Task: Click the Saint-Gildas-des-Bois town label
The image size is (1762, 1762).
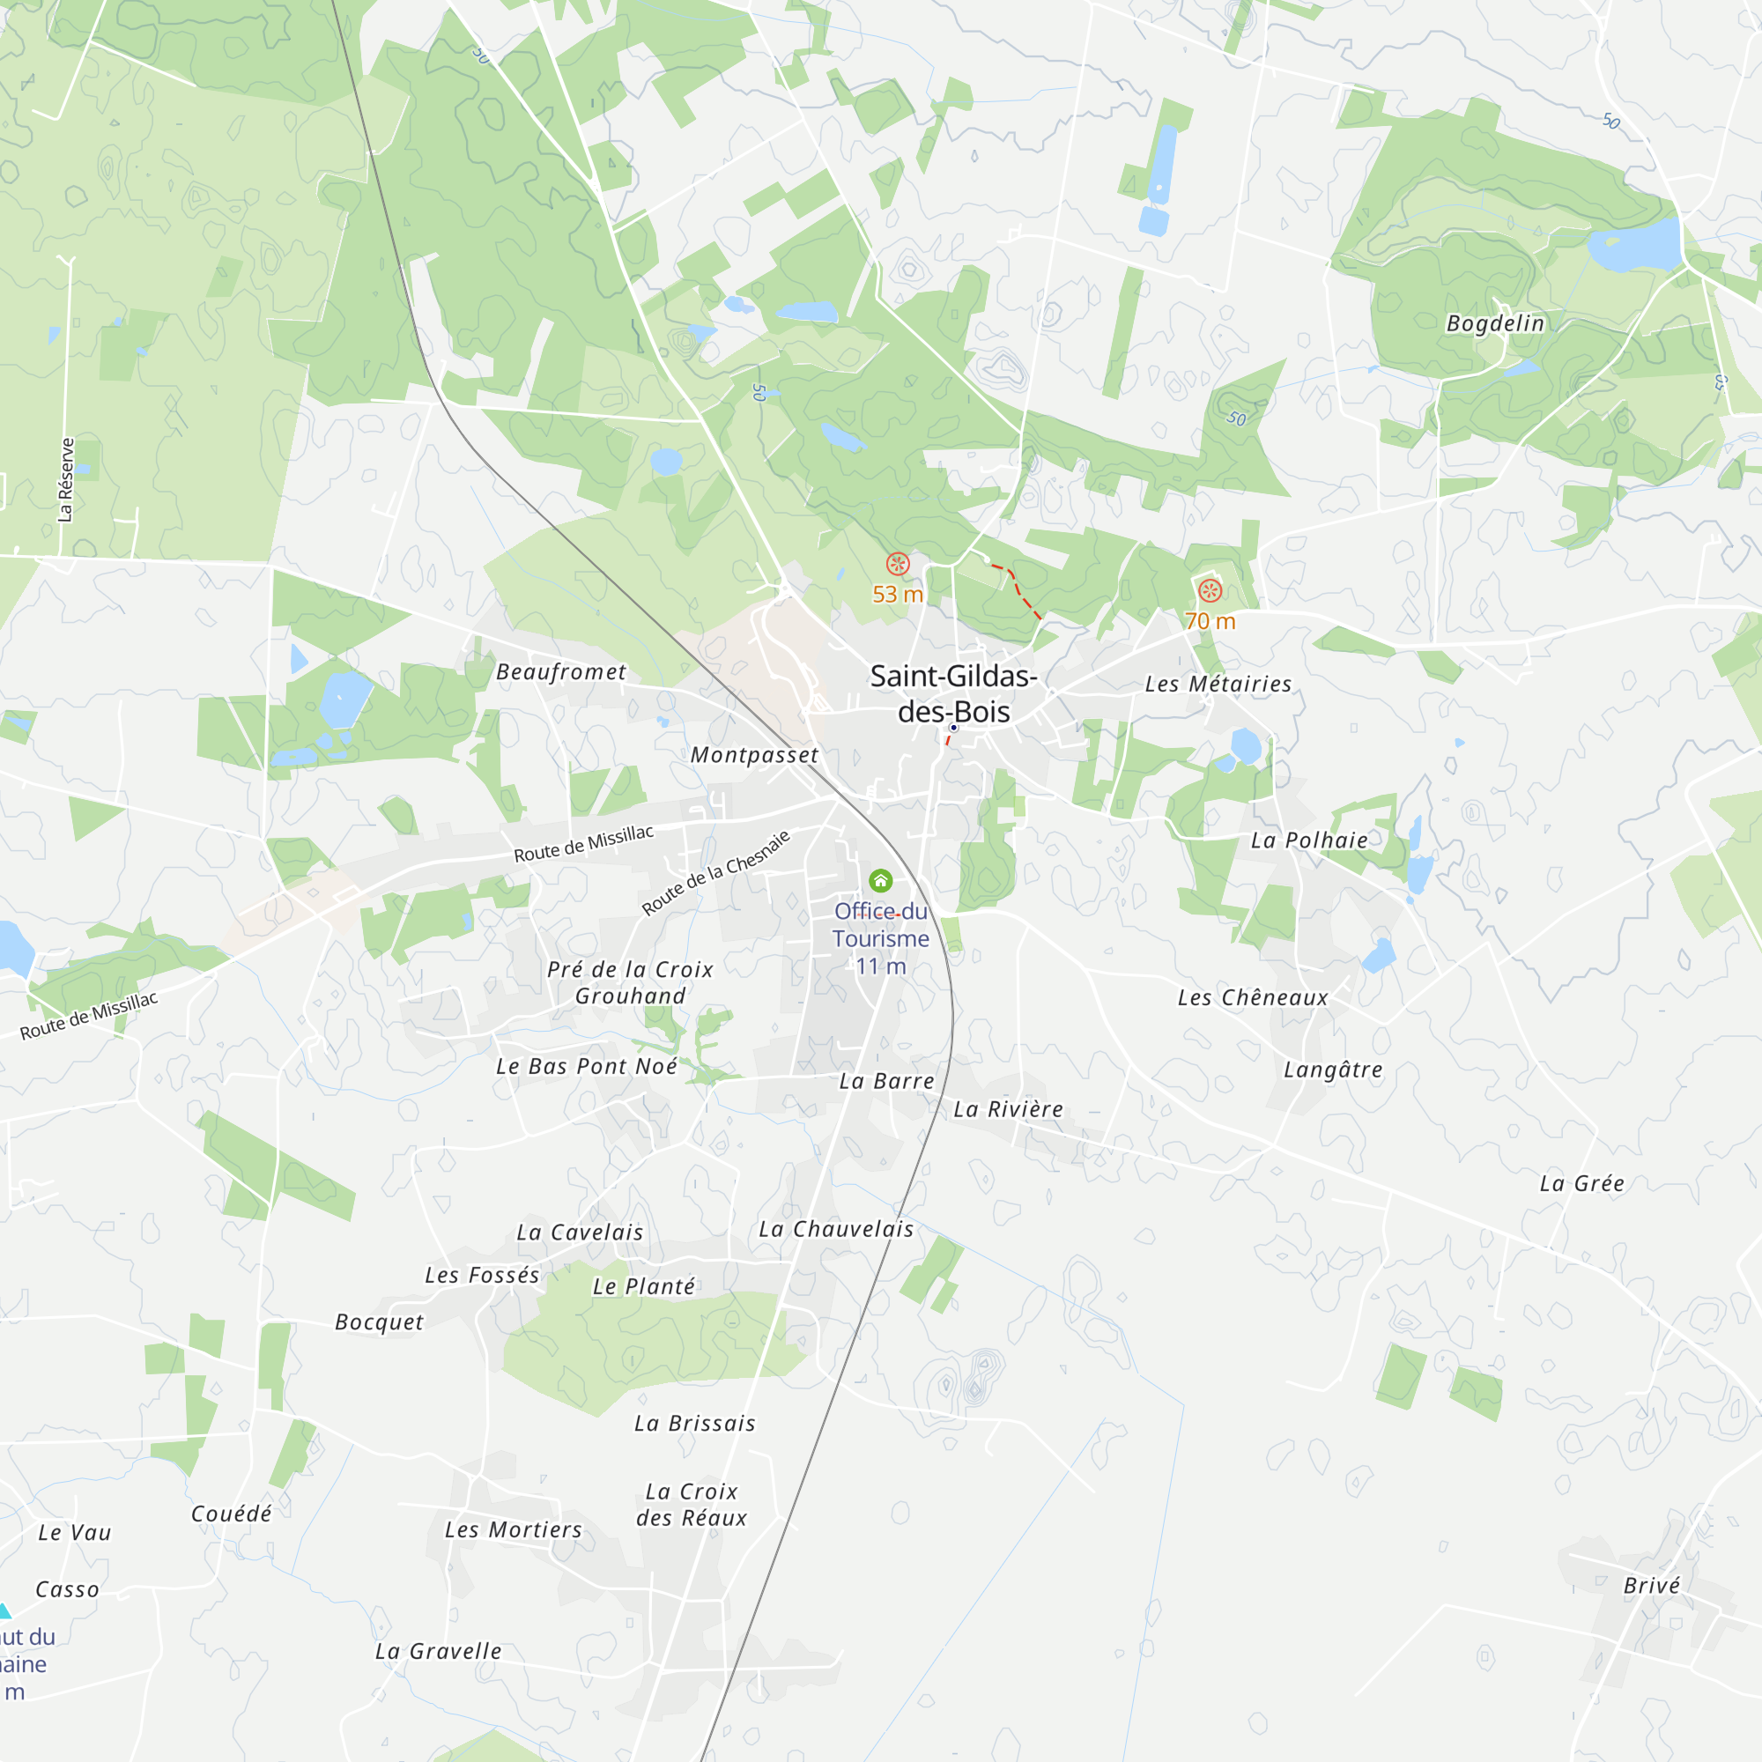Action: [953, 693]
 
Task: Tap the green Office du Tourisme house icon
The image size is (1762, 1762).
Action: [880, 880]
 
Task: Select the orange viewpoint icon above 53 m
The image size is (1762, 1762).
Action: [898, 564]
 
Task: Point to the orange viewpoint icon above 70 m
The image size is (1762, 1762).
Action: [1210, 590]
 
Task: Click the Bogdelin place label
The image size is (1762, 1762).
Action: [1495, 322]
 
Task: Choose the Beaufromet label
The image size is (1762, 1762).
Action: [561, 672]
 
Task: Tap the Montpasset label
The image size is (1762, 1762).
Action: [754, 754]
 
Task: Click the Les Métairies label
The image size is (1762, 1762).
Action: [1218, 683]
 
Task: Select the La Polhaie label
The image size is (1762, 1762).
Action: [1309, 840]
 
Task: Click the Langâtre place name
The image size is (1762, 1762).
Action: [1332, 1070]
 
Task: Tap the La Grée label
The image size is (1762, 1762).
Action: [1581, 1183]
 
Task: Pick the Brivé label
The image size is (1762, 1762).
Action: [1651, 1585]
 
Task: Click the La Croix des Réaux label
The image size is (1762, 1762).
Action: [692, 1504]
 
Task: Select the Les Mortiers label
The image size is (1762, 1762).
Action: [513, 1529]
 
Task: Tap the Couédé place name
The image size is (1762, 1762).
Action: [231, 1514]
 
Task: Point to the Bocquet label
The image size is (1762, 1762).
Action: [379, 1321]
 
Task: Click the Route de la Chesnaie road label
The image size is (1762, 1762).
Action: [716, 872]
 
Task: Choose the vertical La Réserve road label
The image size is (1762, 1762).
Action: [66, 480]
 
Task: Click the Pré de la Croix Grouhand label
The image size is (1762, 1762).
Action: [630, 982]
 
